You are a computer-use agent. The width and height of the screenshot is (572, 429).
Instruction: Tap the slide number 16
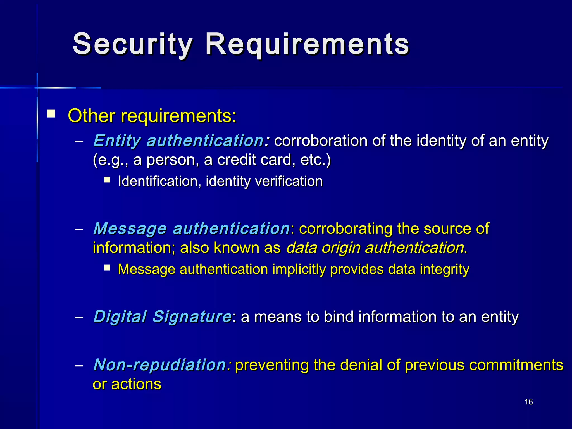529,402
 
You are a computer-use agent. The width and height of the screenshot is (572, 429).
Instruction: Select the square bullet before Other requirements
51,114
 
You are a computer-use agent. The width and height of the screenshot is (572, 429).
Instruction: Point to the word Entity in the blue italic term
117,140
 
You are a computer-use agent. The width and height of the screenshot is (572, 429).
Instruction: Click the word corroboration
321,140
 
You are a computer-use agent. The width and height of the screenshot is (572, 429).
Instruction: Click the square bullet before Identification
107,179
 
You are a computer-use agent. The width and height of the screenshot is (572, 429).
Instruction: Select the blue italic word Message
130,228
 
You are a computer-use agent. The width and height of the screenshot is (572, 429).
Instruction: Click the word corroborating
346,228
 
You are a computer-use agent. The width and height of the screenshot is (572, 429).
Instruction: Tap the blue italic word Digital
120,316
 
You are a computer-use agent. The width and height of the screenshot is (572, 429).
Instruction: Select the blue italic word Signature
192,316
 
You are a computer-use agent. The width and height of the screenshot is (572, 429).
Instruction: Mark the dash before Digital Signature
79,317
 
